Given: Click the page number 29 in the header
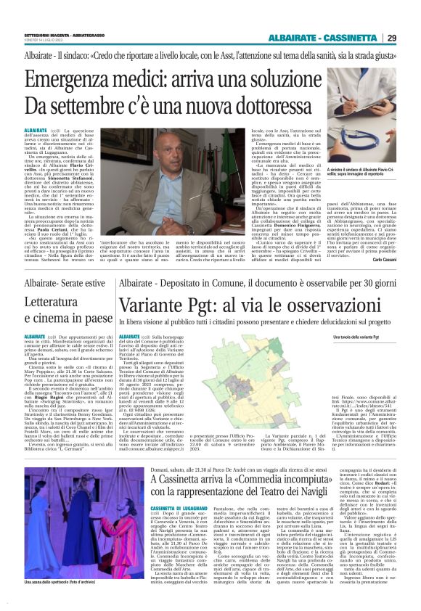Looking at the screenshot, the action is click(391, 38).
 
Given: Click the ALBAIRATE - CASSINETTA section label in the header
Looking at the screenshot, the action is click(324, 38).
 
